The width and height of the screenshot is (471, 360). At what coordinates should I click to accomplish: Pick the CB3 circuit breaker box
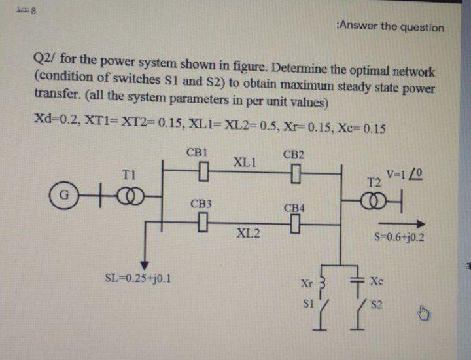pos(201,226)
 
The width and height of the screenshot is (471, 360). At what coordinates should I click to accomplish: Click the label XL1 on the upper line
pos(245,162)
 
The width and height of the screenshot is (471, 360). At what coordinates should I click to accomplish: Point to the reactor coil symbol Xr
pos(321,284)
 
